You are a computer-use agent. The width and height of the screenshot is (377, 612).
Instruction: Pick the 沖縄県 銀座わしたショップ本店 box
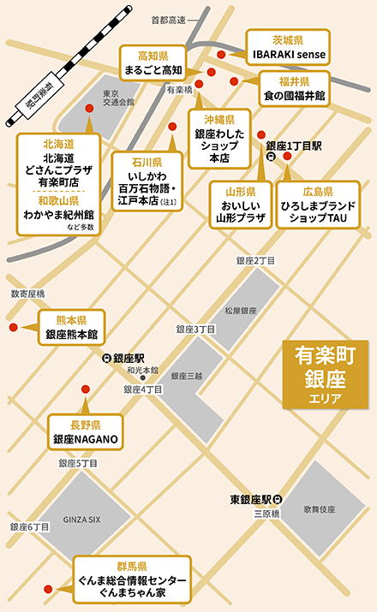219,134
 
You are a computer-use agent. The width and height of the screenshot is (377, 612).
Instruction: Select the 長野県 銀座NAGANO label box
85,432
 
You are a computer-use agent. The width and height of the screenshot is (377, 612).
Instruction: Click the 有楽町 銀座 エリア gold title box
325,375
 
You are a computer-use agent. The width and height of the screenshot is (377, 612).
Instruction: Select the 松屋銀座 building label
241,311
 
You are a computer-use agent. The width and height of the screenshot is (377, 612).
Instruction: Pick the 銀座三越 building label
186,376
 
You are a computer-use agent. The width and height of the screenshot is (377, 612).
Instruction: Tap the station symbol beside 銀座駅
106,359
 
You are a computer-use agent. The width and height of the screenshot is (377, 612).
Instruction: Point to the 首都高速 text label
168,19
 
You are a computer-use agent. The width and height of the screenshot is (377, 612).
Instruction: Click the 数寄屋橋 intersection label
27,293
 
